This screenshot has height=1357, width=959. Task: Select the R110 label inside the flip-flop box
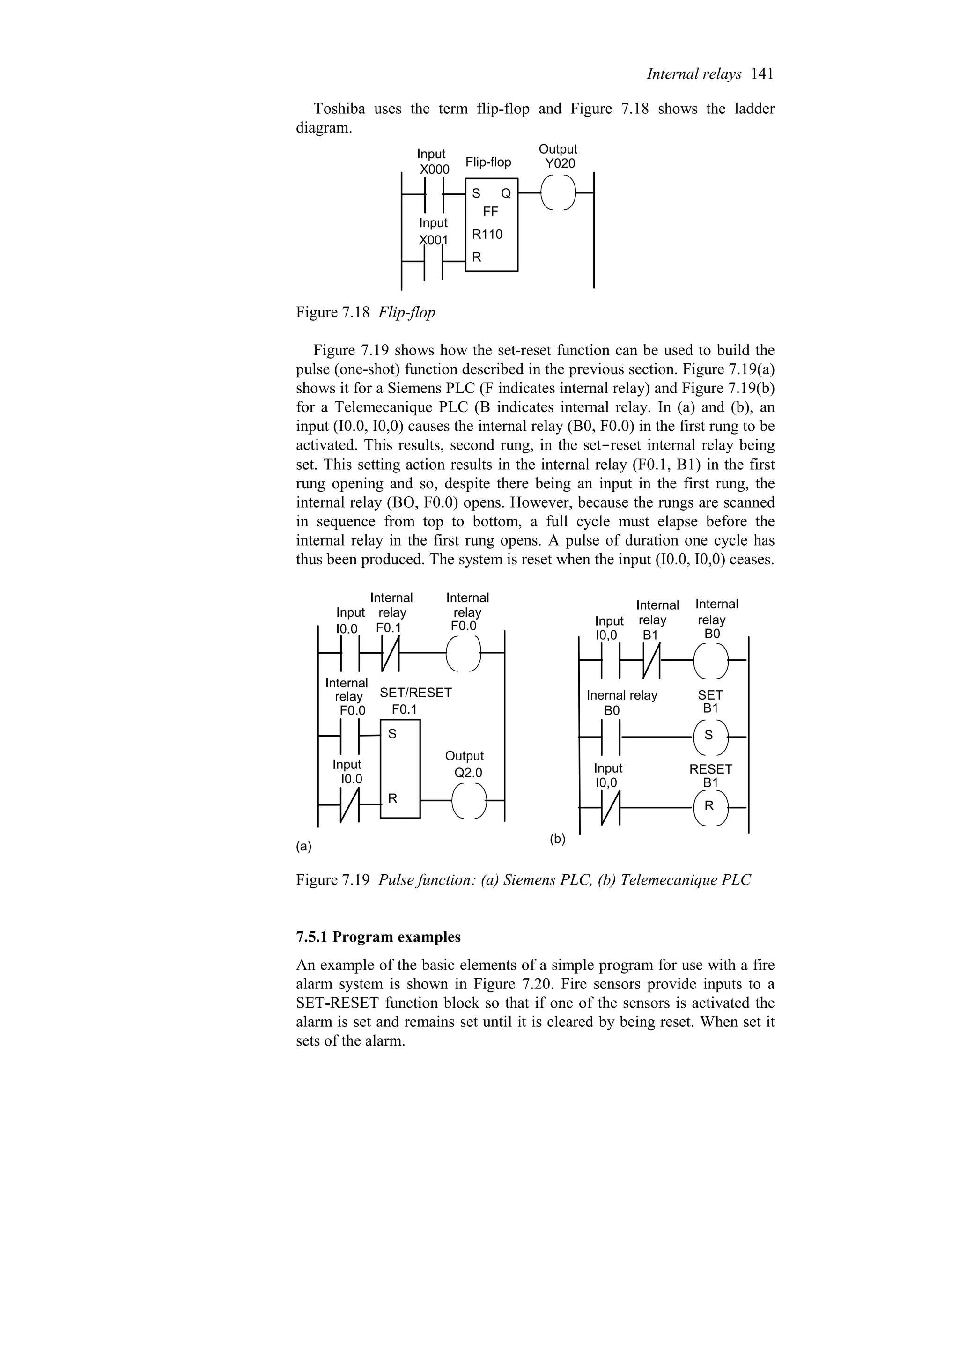[487, 235]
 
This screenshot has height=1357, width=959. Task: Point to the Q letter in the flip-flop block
[506, 193]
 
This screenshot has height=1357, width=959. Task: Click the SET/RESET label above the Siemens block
[415, 693]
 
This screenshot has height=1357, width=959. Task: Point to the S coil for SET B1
[709, 737]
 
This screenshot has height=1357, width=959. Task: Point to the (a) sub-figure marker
[304, 846]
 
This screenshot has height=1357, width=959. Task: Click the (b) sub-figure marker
[558, 839]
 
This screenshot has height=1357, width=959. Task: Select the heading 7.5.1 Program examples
[378, 937]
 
